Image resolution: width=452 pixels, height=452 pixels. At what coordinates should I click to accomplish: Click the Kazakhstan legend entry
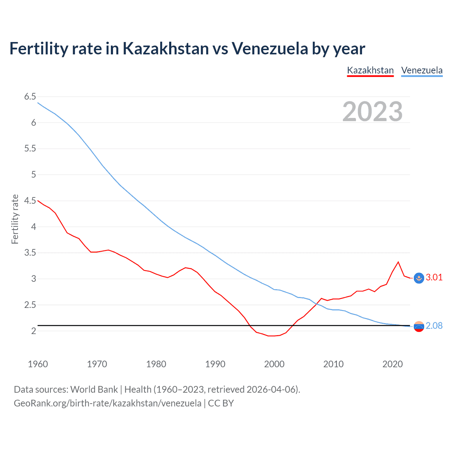[370, 70]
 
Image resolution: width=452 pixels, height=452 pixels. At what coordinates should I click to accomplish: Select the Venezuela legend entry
[422, 70]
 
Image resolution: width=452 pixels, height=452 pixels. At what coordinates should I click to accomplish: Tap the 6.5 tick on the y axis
[30, 96]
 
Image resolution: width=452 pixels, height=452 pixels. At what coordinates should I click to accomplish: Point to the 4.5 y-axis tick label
[30, 201]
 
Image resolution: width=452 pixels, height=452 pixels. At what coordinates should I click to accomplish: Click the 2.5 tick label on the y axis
[30, 305]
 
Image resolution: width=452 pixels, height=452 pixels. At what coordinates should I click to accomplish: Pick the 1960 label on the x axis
[38, 364]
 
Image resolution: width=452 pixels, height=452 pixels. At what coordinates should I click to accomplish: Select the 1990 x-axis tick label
[215, 364]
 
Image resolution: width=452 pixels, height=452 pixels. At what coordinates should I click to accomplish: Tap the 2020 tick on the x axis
[392, 364]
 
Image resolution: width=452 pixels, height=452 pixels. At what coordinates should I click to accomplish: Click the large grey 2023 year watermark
[372, 112]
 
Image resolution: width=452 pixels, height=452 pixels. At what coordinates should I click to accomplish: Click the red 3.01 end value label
[434, 277]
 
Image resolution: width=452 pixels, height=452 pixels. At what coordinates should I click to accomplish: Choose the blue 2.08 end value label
[434, 326]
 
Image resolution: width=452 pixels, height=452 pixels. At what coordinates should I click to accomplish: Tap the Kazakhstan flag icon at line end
[419, 278]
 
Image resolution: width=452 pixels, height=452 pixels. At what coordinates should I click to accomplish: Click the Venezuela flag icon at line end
[419, 327]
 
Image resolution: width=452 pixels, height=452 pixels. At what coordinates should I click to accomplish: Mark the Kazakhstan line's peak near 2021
[398, 262]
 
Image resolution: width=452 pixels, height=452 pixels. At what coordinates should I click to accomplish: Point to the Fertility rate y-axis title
[15, 219]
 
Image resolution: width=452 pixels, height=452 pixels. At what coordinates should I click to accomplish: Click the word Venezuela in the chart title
[270, 48]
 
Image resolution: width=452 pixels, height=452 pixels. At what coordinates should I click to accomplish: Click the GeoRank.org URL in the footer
[107, 403]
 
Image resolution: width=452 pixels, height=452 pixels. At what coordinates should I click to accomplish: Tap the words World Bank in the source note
[94, 389]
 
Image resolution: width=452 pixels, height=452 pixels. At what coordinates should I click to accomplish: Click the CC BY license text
[221, 403]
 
